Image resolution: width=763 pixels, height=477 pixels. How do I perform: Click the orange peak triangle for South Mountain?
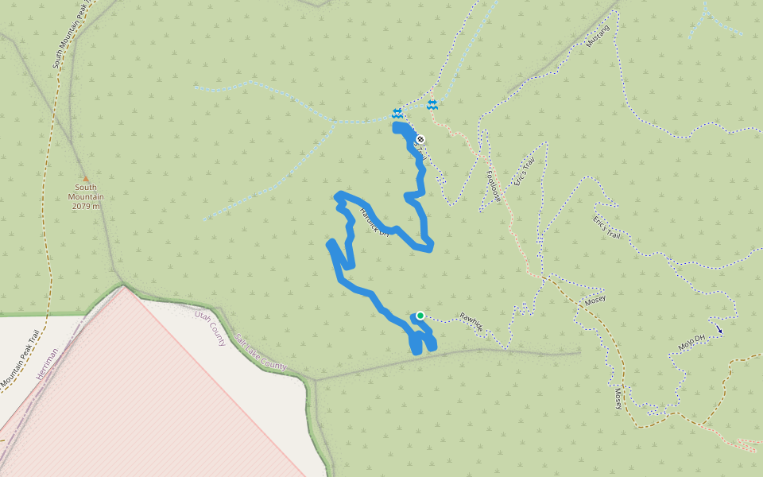(x=85, y=178)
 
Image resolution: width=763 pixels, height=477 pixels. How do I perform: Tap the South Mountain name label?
(x=86, y=192)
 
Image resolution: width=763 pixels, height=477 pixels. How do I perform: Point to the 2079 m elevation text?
(x=86, y=206)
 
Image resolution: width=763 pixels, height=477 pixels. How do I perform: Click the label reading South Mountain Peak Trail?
(x=68, y=36)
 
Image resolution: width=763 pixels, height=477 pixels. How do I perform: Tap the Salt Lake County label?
(x=260, y=352)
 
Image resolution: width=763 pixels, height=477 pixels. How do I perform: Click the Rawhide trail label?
(x=471, y=321)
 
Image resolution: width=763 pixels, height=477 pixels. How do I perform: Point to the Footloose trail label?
(x=493, y=184)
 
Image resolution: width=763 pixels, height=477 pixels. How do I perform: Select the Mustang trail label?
(x=596, y=35)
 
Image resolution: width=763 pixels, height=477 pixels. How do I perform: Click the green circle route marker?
(x=420, y=316)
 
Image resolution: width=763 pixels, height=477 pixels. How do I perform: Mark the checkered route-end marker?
(x=420, y=140)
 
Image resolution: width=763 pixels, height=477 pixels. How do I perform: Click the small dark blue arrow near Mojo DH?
(x=719, y=328)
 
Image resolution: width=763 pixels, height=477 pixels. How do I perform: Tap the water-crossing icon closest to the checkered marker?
(x=397, y=114)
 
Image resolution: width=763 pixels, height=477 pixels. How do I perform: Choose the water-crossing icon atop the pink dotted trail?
(x=432, y=105)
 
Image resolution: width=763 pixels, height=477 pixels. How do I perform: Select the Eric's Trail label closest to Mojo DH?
(x=606, y=227)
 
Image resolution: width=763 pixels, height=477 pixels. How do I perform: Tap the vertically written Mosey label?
(x=617, y=397)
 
